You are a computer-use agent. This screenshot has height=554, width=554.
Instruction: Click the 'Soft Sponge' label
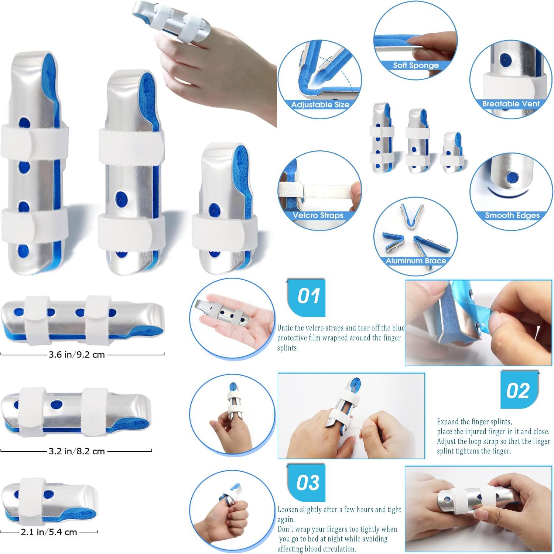point(415,65)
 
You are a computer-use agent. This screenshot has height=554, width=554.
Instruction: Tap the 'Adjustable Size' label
point(320,105)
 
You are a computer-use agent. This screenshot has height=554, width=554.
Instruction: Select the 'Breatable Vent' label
point(511,104)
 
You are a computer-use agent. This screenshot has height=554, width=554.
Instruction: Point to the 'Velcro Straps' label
point(318,215)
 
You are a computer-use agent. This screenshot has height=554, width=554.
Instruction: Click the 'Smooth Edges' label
point(512,215)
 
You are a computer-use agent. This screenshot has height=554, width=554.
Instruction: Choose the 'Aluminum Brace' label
point(416,261)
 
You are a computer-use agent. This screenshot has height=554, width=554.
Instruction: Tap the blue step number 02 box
point(519,390)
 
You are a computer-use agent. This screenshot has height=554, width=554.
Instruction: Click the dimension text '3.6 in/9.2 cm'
point(77,355)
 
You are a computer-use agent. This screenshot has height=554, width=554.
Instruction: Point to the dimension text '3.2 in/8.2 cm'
point(77,451)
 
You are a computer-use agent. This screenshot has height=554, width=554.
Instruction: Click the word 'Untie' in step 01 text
point(285,328)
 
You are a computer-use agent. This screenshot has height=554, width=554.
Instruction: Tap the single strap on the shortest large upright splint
point(225,231)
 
